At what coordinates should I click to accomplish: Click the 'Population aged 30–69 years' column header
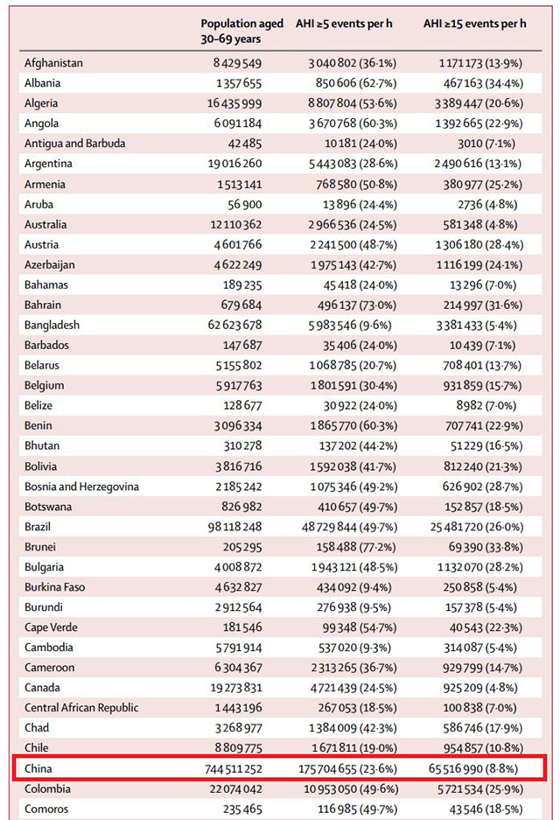(241, 31)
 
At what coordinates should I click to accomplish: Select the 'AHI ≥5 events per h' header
(344, 24)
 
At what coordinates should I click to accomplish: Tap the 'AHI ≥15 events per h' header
(475, 24)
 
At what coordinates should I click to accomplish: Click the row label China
(38, 768)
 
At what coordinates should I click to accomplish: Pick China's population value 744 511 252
(234, 768)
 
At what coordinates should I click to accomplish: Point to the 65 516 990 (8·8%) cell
(473, 768)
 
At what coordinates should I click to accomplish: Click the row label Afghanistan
(53, 63)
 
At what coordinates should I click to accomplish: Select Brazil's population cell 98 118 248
(234, 527)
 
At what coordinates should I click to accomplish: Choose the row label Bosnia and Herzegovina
(81, 487)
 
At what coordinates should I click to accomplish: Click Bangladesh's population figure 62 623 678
(234, 326)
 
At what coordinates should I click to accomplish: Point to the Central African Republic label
(81, 708)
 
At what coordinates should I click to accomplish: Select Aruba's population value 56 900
(242, 205)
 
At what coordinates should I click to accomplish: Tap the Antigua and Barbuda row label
(74, 144)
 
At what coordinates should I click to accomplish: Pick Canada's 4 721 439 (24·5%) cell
(354, 688)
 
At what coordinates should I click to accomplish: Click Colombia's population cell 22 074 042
(236, 788)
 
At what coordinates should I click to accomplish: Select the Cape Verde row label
(51, 627)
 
